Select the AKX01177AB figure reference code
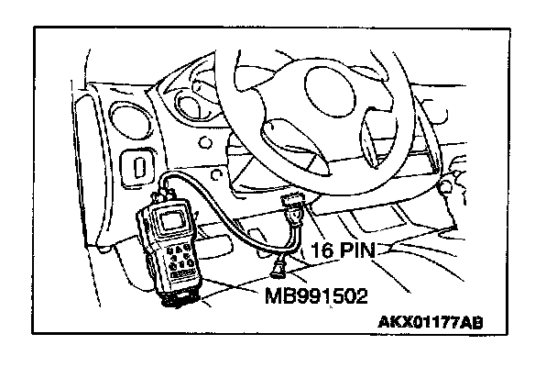pos(431,323)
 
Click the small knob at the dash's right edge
pos(449,186)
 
